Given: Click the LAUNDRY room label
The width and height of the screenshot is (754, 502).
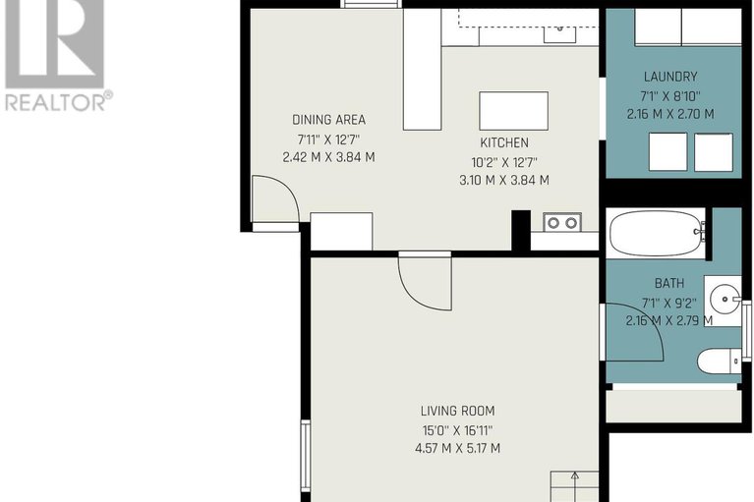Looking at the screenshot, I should pyautogui.click(x=670, y=77).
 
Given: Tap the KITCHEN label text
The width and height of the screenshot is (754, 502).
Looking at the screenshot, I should pyautogui.click(x=503, y=143).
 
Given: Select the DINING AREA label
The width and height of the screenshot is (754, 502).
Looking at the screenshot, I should pyautogui.click(x=328, y=120).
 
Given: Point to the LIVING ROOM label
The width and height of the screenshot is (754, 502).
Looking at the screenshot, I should pyautogui.click(x=457, y=412).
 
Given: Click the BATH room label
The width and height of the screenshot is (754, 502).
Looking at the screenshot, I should pyautogui.click(x=669, y=283).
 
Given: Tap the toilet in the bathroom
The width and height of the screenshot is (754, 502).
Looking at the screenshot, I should pyautogui.click(x=719, y=362).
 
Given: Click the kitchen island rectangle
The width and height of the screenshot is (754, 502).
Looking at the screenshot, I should pyautogui.click(x=513, y=111).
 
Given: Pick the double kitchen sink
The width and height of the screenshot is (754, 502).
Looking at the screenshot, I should pyautogui.click(x=562, y=222).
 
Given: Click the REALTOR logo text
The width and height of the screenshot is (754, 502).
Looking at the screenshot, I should pyautogui.click(x=58, y=100).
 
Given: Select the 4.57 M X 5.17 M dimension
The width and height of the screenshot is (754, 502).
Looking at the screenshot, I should pyautogui.click(x=457, y=449).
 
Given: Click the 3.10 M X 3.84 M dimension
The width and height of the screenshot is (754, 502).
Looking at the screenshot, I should pyautogui.click(x=503, y=180).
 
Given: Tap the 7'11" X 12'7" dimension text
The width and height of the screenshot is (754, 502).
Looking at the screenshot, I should pyautogui.click(x=328, y=139).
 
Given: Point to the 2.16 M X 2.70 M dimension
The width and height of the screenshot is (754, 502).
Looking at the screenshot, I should pyautogui.click(x=670, y=113).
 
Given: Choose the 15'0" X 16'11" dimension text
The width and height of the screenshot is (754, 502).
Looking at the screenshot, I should pyautogui.click(x=457, y=430).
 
